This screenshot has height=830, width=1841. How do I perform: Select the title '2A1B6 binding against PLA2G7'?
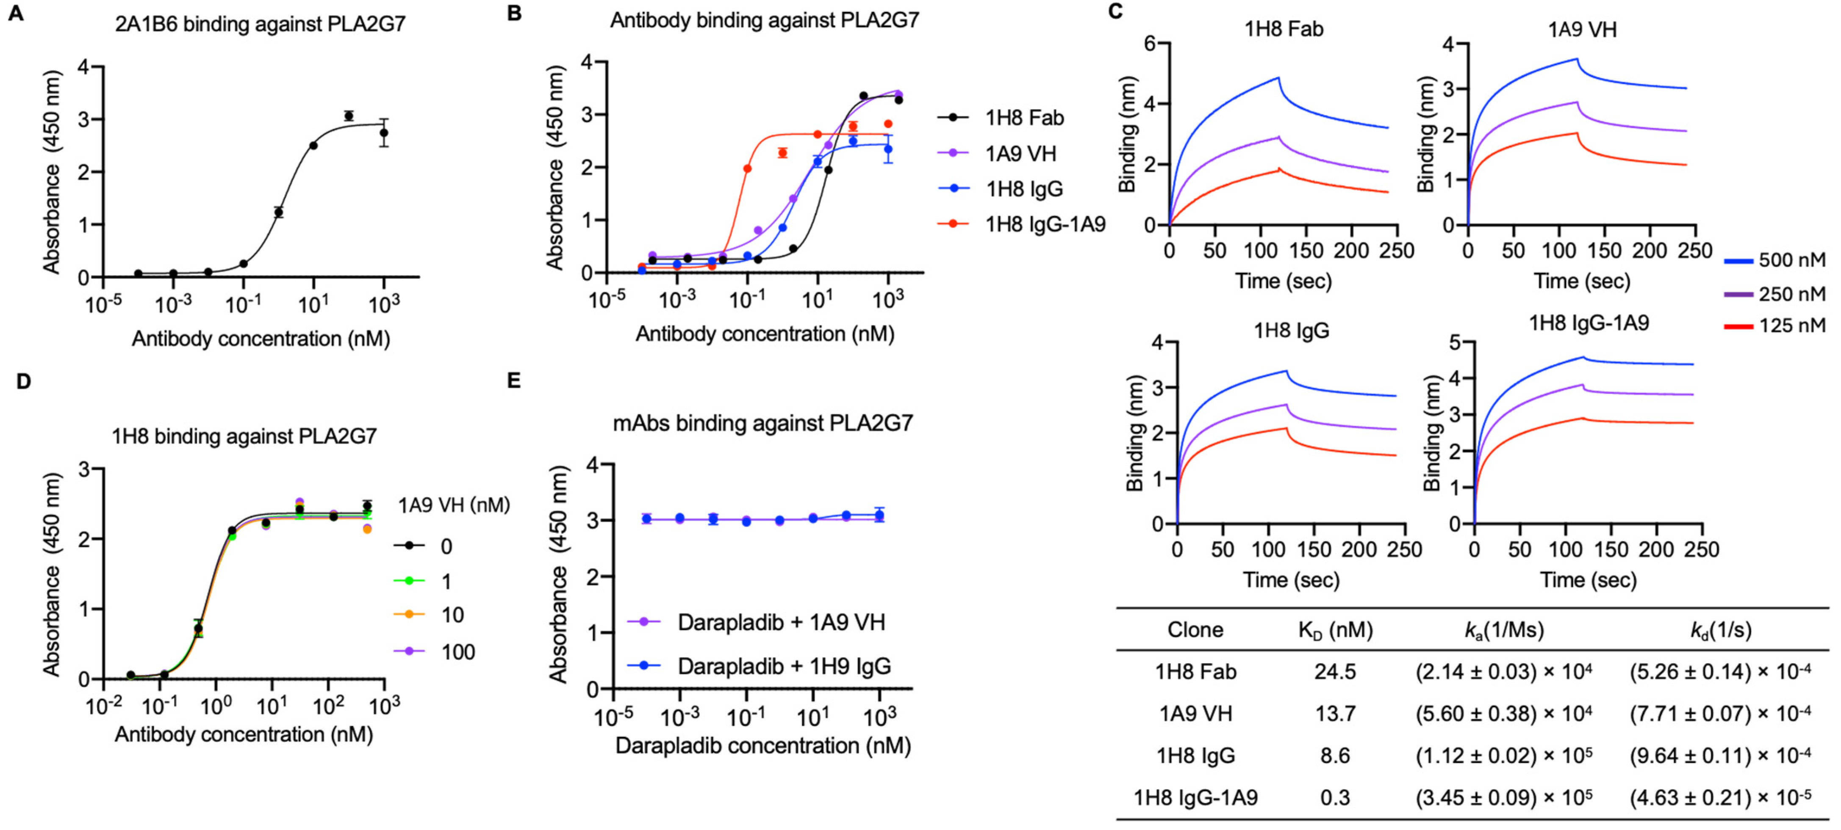tap(260, 24)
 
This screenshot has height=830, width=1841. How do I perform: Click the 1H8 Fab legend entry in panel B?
tap(1024, 118)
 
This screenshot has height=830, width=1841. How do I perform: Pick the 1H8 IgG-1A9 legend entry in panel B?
tap(1045, 224)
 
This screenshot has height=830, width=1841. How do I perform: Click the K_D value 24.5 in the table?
tap(1334, 671)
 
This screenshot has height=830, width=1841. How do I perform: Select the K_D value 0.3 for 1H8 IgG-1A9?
tap(1334, 797)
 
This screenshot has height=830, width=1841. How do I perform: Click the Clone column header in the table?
tap(1195, 629)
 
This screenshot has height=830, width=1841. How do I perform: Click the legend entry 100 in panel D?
tap(458, 651)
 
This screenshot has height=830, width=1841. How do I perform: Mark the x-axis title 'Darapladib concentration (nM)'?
tap(762, 746)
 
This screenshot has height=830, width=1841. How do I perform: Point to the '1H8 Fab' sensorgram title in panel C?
tap(1284, 29)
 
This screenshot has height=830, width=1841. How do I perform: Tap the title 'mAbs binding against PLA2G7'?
tap(762, 424)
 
